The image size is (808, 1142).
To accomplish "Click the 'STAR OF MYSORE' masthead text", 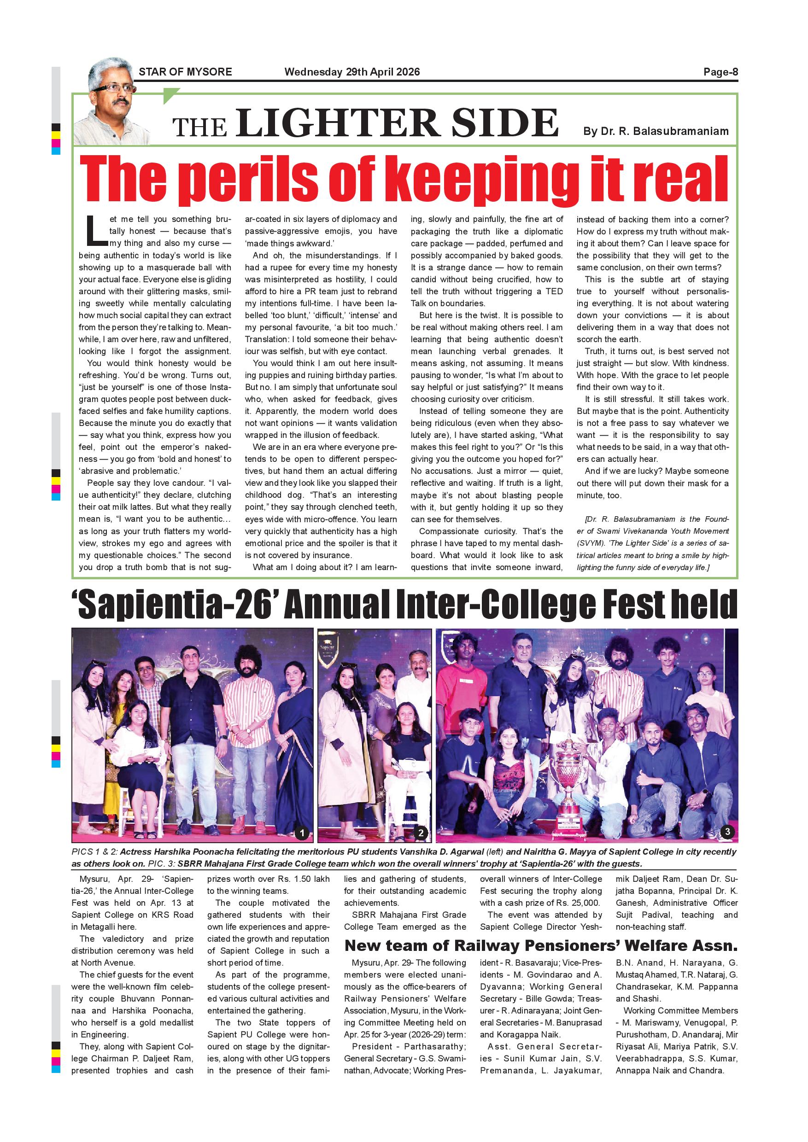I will (x=185, y=72).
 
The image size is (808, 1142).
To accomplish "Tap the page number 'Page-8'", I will (x=720, y=72).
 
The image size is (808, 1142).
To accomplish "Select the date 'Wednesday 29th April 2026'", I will (x=352, y=72).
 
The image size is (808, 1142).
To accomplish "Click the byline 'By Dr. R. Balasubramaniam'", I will (x=656, y=131).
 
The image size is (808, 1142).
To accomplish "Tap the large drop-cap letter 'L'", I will (x=95, y=231).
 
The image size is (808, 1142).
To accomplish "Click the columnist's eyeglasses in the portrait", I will (x=113, y=88).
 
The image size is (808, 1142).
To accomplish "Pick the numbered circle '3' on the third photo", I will (x=727, y=831).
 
